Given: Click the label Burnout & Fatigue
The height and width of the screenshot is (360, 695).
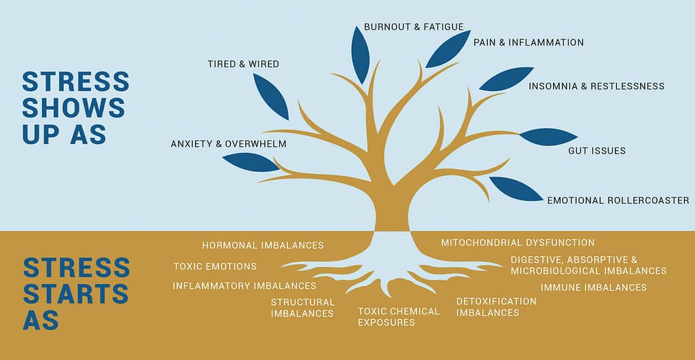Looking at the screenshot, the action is (414, 27).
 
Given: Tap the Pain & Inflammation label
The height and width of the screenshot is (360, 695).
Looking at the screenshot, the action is (529, 43).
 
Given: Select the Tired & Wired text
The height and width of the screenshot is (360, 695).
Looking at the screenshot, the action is (243, 65).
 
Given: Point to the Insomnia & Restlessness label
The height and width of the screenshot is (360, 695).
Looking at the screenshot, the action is (596, 86).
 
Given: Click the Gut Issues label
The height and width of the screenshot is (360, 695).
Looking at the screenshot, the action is (596, 151).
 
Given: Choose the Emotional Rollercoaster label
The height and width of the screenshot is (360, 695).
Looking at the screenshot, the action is (618, 200).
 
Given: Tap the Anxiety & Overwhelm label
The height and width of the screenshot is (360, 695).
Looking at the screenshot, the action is (228, 144).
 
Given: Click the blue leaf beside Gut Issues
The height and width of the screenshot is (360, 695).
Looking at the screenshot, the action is (548, 137).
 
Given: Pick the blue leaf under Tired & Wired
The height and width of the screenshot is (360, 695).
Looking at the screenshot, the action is (271, 96).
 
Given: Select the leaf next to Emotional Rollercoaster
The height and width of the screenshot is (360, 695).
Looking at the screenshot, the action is (516, 188).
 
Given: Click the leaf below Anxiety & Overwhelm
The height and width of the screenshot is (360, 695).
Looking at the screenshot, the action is (251, 162).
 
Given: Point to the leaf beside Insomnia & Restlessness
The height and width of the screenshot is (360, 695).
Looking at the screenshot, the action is (506, 79).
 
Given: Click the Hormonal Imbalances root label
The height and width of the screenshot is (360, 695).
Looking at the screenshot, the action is (263, 245).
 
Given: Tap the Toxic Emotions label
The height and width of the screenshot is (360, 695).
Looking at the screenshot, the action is (215, 266).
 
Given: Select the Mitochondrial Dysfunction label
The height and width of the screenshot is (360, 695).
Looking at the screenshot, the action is (518, 242).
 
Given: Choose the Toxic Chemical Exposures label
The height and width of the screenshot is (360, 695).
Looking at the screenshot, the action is (399, 317).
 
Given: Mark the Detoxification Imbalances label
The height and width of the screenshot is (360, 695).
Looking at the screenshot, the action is (497, 307).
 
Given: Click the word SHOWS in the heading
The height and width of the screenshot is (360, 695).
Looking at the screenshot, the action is (73, 108).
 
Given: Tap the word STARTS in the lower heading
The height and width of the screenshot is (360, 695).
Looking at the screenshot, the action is (76, 293).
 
